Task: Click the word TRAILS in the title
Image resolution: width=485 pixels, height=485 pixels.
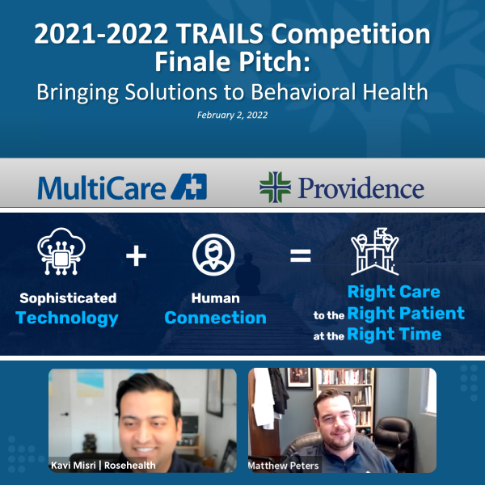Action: [x=220, y=33]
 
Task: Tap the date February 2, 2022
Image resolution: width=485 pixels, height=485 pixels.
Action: [x=232, y=115]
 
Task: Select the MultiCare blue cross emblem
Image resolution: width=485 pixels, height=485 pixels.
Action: [x=189, y=187]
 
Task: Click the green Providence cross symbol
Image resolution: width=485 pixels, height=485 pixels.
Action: [x=276, y=188]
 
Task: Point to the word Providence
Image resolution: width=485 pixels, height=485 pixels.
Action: [x=361, y=188]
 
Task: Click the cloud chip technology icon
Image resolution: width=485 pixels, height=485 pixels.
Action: [x=61, y=251]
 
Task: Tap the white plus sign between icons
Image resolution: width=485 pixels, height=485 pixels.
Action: [x=136, y=255]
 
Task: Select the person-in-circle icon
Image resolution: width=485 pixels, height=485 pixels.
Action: [x=213, y=255]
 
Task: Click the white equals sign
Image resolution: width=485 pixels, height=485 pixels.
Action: [x=301, y=255]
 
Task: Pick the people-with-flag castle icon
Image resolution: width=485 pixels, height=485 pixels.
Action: [x=375, y=251]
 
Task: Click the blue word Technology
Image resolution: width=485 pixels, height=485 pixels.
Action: [x=67, y=318]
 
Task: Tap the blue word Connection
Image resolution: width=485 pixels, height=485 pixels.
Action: [x=215, y=318]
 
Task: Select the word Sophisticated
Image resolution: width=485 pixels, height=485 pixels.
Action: [x=68, y=298]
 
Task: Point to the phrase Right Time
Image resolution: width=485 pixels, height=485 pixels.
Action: [x=394, y=334]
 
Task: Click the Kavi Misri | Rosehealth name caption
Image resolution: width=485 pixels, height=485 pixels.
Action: [x=103, y=465]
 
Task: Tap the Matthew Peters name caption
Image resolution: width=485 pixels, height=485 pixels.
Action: [x=284, y=466]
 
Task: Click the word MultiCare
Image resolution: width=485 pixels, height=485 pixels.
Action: [x=102, y=188]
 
